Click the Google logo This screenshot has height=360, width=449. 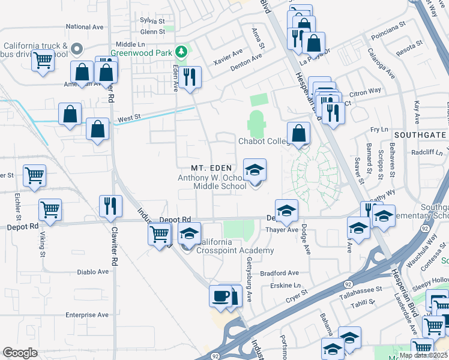click(20, 353)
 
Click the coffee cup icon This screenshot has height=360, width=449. click(220, 296)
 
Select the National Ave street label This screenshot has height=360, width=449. click(85, 27)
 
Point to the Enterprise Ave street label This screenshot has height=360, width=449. click(87, 314)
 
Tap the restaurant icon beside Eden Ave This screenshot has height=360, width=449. click(190, 77)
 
